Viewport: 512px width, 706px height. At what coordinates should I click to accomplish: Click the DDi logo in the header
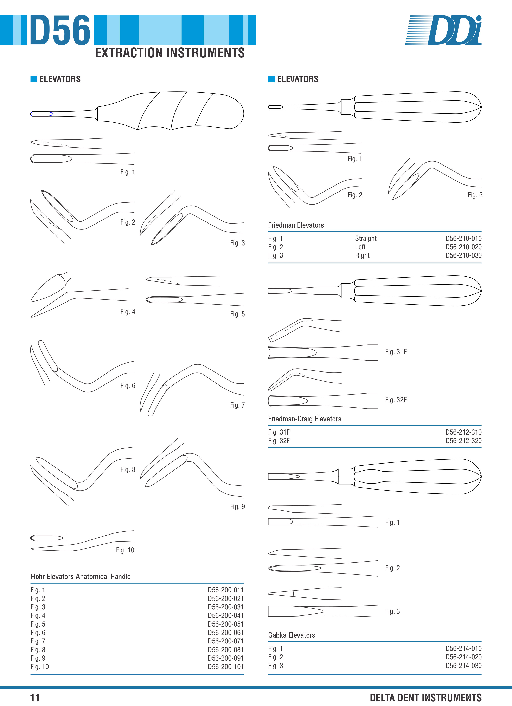pyautogui.click(x=443, y=30)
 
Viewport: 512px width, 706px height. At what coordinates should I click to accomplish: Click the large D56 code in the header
pyautogui.click(x=60, y=30)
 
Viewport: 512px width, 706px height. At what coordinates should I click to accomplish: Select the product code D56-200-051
pyautogui.click(x=225, y=624)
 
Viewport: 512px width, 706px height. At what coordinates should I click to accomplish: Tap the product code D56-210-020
pyautogui.click(x=463, y=247)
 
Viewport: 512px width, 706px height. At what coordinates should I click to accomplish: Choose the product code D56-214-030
pyautogui.click(x=463, y=666)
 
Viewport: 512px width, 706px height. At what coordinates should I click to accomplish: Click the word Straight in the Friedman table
pyautogui.click(x=366, y=238)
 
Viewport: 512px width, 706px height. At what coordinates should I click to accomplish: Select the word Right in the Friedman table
pyautogui.click(x=362, y=255)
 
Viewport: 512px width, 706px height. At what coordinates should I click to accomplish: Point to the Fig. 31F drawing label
pyautogui.click(x=396, y=352)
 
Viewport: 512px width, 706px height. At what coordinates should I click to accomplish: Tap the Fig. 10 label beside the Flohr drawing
pyautogui.click(x=125, y=550)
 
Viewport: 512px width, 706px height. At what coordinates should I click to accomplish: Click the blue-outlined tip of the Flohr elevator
pyautogui.click(x=42, y=114)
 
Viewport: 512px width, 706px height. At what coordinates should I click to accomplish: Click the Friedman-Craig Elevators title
pyautogui.click(x=305, y=419)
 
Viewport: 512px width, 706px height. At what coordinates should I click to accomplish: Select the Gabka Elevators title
pyautogui.click(x=292, y=635)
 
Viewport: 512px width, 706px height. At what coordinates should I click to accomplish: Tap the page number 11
pyautogui.click(x=35, y=698)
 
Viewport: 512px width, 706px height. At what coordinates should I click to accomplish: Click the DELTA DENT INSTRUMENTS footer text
pyautogui.click(x=426, y=698)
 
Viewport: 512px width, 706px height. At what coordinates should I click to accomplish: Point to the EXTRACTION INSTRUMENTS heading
pyautogui.click(x=170, y=53)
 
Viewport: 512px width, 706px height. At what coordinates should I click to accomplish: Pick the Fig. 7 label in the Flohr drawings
pyautogui.click(x=237, y=405)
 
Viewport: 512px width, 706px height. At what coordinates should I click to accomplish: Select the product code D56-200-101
pyautogui.click(x=225, y=666)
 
